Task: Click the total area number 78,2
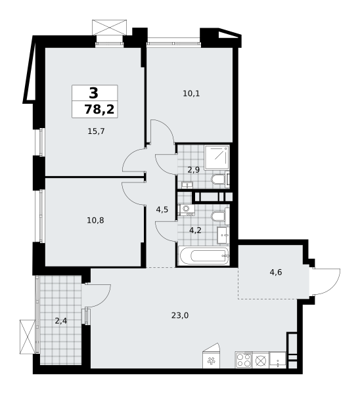(99, 110)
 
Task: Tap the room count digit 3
(93, 93)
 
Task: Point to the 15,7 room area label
(97, 131)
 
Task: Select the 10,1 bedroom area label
(191, 93)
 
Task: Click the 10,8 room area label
(95, 220)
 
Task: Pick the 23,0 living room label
(180, 315)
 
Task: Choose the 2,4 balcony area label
(61, 321)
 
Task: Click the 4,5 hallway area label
(162, 210)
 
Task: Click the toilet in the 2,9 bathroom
(219, 179)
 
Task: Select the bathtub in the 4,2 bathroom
(203, 255)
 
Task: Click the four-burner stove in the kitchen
(244, 360)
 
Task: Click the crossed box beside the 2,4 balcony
(26, 336)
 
